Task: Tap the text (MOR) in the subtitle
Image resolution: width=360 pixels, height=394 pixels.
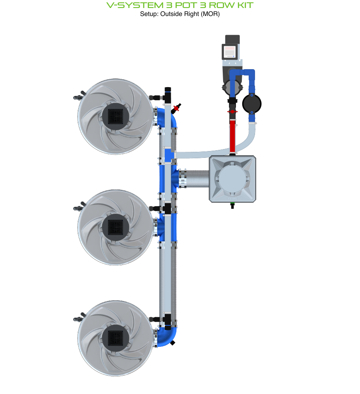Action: pos(211,14)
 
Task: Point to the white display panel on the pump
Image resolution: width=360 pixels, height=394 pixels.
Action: pos(230,52)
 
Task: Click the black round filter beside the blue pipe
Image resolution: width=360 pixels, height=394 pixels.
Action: pos(252,104)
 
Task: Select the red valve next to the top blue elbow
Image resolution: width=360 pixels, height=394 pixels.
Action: pos(176,108)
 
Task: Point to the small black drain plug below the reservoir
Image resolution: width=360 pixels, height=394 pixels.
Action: pos(232,206)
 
